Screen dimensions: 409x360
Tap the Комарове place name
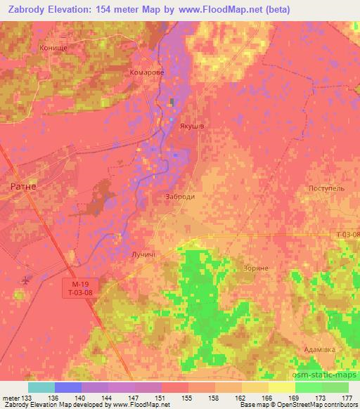coord(146,72)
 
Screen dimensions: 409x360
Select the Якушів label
coord(191,127)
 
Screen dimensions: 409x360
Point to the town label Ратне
coord(24,187)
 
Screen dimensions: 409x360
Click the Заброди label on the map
coord(179,197)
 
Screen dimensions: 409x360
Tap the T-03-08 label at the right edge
coord(347,234)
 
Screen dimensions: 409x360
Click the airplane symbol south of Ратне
coord(27,280)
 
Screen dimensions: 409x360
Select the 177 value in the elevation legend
coord(347,398)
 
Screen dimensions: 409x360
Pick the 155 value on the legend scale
coord(188,398)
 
